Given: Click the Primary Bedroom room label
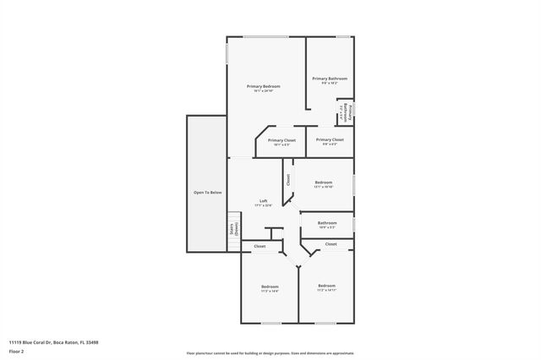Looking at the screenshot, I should pyautogui.click(x=264, y=88).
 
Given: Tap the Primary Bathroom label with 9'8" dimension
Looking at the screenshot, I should pyautogui.click(x=330, y=80).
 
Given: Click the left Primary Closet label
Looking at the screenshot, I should pyautogui.click(x=281, y=141).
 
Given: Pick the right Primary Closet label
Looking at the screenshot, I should pyautogui.click(x=330, y=140).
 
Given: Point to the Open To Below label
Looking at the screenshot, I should pyautogui.click(x=207, y=193).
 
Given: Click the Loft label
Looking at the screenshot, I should pyautogui.click(x=264, y=202).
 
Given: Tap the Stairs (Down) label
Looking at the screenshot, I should pyautogui.click(x=234, y=228).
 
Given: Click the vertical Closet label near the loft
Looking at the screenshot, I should pyautogui.click(x=287, y=179).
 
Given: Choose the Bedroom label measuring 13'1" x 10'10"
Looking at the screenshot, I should pyautogui.click(x=324, y=183).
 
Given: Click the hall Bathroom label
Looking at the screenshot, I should pyautogui.click(x=327, y=224).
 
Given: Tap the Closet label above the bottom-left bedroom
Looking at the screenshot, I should pyautogui.click(x=260, y=246).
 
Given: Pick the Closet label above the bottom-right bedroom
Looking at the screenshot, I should pyautogui.click(x=331, y=244).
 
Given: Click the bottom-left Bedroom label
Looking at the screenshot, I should pyautogui.click(x=270, y=288).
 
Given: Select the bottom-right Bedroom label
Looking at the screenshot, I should pyautogui.click(x=326, y=287).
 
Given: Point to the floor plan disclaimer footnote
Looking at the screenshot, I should pyautogui.click(x=270, y=352).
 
